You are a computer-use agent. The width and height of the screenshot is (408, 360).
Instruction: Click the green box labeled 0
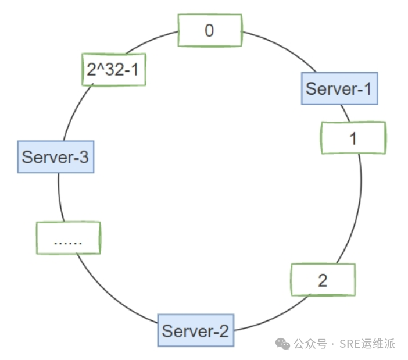[x=209, y=30]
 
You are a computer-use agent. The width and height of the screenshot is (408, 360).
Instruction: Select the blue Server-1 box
[x=339, y=88]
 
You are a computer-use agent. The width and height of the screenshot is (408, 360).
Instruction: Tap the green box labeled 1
[x=353, y=138]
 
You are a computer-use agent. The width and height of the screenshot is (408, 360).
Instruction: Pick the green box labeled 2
[x=323, y=280]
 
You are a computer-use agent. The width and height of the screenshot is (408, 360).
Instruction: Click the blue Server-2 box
[x=195, y=331]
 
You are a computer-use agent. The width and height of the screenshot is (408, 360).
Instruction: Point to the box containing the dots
[x=68, y=238]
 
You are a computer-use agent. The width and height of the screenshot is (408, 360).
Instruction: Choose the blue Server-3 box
[x=56, y=156]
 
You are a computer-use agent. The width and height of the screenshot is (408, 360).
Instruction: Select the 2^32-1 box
[x=113, y=70]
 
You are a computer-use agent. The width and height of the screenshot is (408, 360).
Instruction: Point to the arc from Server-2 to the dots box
[x=110, y=297]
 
